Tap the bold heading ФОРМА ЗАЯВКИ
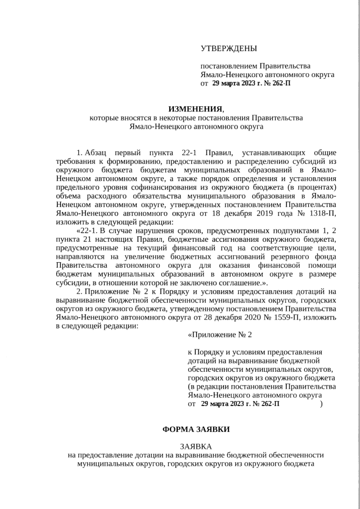(196, 429)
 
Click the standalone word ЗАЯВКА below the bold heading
(196, 447)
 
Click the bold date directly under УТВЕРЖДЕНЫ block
(251, 83)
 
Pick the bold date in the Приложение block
(240, 404)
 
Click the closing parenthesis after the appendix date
(321, 404)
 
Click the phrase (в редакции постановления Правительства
(262, 387)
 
